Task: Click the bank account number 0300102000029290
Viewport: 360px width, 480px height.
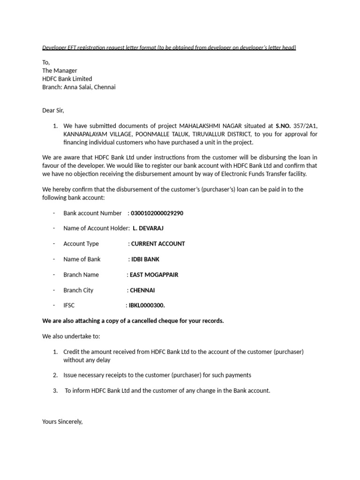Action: click(x=157, y=213)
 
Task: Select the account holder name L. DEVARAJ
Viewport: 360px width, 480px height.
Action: click(x=149, y=228)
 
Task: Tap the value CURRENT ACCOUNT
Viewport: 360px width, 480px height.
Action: click(x=158, y=244)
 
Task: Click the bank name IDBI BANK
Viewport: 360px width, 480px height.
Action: click(x=145, y=259)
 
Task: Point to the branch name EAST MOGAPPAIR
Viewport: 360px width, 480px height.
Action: click(x=154, y=275)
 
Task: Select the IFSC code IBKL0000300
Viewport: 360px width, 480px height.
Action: click(x=147, y=306)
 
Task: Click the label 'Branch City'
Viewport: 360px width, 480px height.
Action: click(x=78, y=290)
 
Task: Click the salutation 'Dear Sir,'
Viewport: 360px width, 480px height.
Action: click(x=53, y=111)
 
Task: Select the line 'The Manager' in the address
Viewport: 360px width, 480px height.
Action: click(x=60, y=71)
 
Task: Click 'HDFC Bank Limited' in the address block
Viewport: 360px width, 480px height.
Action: click(x=67, y=79)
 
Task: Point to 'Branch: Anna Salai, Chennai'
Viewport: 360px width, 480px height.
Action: click(x=79, y=87)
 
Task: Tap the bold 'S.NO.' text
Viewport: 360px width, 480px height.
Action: click(x=283, y=126)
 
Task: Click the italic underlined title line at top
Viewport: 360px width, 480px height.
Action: click(x=169, y=48)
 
